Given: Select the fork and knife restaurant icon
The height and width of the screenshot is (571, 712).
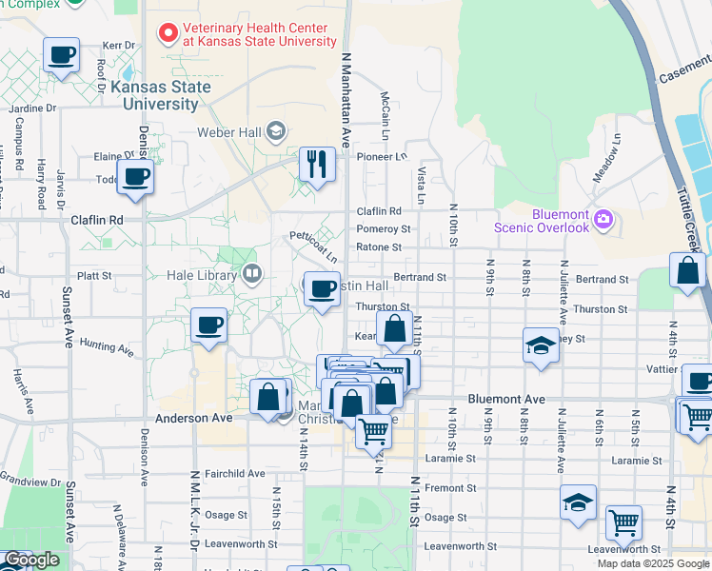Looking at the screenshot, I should click(x=316, y=165).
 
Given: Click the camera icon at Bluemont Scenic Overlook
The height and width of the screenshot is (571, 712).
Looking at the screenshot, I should click(x=603, y=220).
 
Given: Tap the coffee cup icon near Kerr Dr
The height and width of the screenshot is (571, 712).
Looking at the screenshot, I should click(x=61, y=55).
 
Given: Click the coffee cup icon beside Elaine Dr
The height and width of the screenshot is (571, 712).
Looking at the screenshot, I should click(x=135, y=176).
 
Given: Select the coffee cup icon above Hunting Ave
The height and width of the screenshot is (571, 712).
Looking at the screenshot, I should click(x=208, y=325).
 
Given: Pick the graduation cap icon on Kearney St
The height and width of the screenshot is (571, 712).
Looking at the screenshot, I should click(x=541, y=345).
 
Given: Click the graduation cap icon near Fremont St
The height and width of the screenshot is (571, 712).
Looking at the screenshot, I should click(x=578, y=502).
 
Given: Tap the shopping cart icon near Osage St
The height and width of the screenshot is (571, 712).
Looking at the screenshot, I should click(x=623, y=522).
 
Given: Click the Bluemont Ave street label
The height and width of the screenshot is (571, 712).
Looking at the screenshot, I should click(x=506, y=400).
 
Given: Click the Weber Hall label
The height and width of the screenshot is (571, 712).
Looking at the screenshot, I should click(x=228, y=132).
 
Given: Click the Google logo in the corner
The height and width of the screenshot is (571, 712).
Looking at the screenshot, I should click(x=31, y=561).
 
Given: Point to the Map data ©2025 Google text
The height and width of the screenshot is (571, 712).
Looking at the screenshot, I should click(x=653, y=563).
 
